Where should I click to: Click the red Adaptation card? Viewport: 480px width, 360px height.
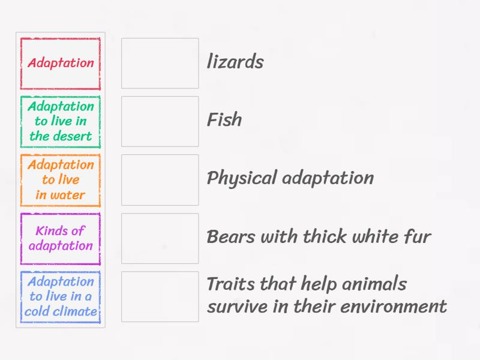61,64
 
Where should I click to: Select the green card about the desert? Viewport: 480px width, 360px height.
61,122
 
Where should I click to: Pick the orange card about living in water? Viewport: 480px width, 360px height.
61,180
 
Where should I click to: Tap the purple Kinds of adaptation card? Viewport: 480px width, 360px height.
61,238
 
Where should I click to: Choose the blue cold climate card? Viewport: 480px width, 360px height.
61,296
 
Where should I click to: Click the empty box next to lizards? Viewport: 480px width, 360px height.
160,64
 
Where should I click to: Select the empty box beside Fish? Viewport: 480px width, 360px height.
160,122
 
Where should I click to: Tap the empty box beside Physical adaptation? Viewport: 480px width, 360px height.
160,180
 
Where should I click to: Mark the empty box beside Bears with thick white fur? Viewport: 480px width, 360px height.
160,238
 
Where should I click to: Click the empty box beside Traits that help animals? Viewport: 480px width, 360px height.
160,296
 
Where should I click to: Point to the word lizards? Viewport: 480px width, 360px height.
235,62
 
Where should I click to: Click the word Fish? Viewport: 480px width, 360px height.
224,120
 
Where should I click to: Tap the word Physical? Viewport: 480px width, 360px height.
241,178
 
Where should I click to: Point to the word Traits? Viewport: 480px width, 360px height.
230,284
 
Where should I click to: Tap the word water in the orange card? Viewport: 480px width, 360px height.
69,195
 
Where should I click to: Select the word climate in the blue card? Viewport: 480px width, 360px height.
76,311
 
